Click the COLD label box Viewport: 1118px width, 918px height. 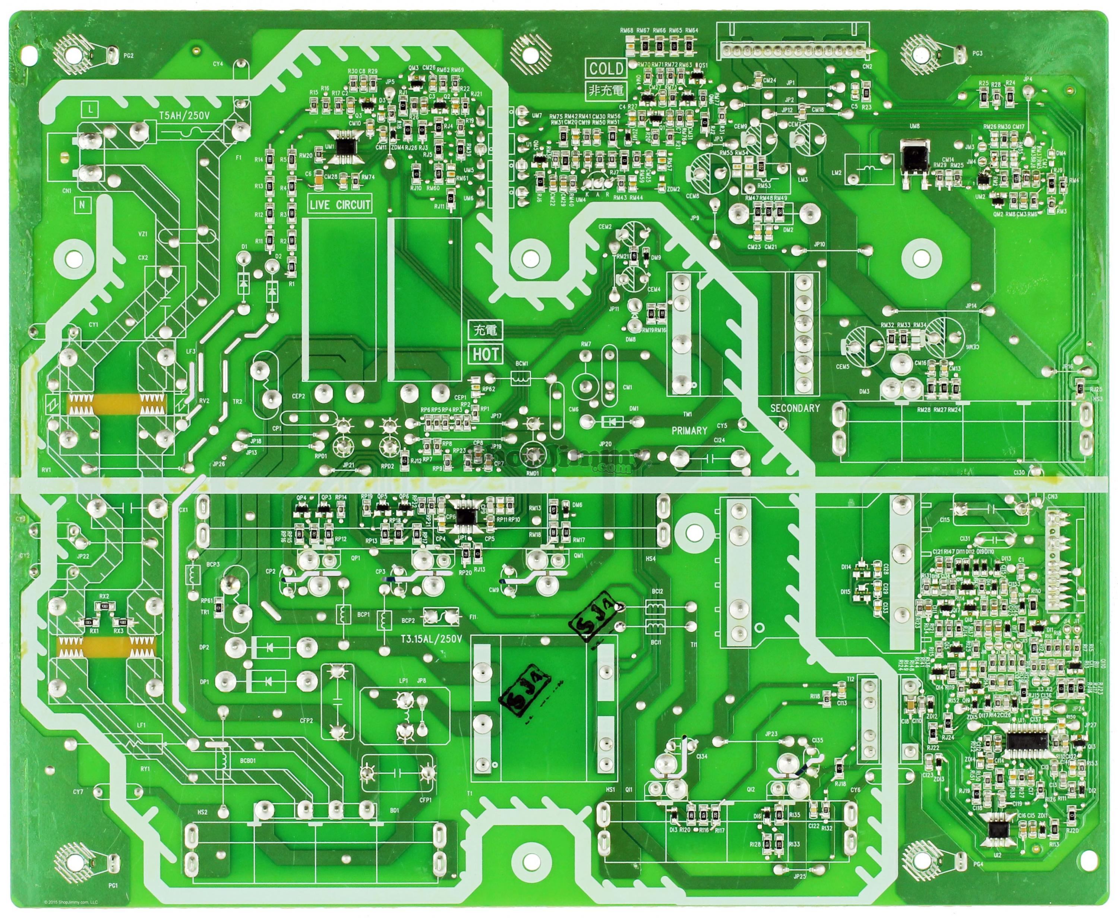coord(606,68)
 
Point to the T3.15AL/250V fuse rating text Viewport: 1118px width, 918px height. coord(431,638)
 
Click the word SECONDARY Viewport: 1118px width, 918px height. coord(795,408)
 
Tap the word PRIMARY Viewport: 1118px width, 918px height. coord(689,430)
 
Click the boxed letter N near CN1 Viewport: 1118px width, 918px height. coord(82,205)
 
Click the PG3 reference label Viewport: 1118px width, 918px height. coord(977,53)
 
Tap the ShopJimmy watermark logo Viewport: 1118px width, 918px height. coord(560,459)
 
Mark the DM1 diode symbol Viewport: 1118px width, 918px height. coord(612,422)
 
